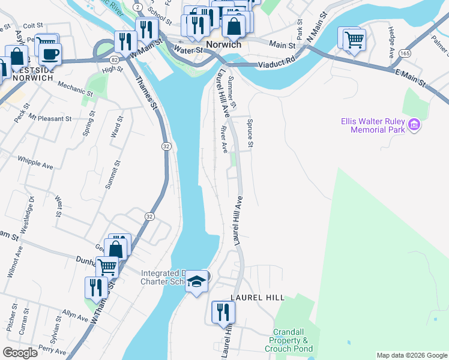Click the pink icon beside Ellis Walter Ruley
click(x=414, y=125)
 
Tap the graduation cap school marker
click(x=196, y=281)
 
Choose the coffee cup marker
click(x=50, y=53)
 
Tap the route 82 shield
click(x=114, y=60)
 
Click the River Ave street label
click(x=224, y=138)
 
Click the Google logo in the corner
click(x=19, y=353)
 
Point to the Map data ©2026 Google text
click(x=411, y=355)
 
